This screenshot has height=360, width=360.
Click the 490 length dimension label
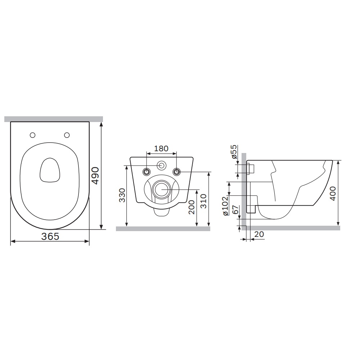pyautogui.click(x=95, y=175)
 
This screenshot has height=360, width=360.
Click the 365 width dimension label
pyautogui.click(x=50, y=236)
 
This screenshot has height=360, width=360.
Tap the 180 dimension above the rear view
pyautogui.click(x=161, y=149)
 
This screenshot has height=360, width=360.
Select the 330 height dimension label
pyautogui.click(x=122, y=195)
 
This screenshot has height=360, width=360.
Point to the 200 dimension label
pyautogui.click(x=192, y=207)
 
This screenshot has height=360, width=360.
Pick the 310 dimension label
pyautogui.click(x=203, y=201)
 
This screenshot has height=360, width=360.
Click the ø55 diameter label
pyautogui.click(x=234, y=152)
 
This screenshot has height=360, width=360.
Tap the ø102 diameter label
pyautogui.click(x=225, y=206)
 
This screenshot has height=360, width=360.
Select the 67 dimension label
pyautogui.click(x=235, y=210)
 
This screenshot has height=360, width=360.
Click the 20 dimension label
pyautogui.click(x=259, y=234)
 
